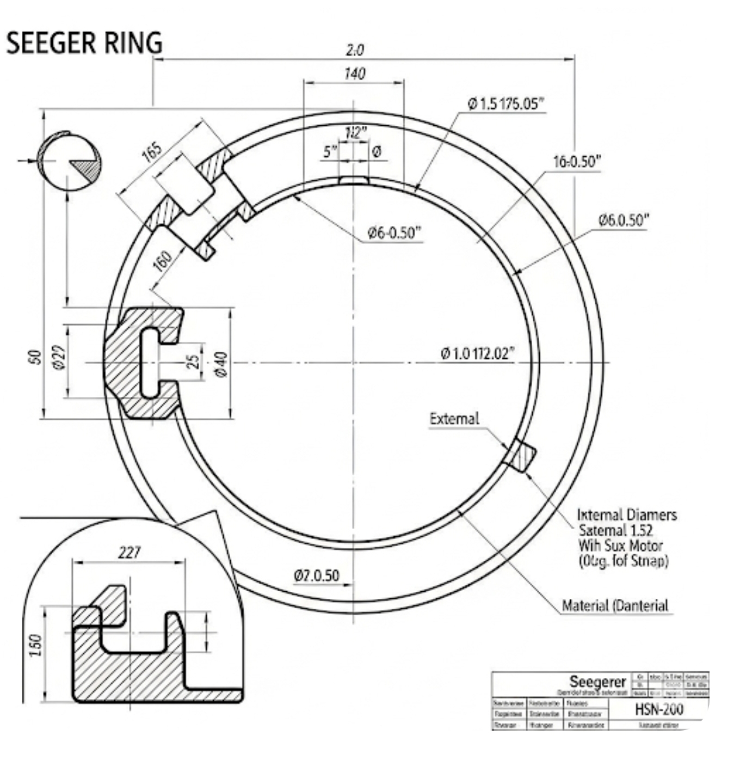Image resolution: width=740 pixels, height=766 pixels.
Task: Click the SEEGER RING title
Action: pyautogui.click(x=84, y=43)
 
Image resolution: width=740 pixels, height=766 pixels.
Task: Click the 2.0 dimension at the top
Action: pyautogui.click(x=354, y=50)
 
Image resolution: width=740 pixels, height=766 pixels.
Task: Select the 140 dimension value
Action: pyautogui.click(x=354, y=73)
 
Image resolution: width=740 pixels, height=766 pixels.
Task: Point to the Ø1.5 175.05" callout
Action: pyautogui.click(x=506, y=103)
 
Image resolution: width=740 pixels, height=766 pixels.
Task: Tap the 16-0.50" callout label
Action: pyautogui.click(x=577, y=162)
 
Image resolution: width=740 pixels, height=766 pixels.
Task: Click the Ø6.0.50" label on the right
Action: pyautogui.click(x=624, y=220)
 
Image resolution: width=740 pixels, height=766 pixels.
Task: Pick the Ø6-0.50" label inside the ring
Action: pyautogui.click(x=394, y=233)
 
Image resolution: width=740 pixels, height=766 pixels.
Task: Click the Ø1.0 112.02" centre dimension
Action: pyautogui.click(x=477, y=354)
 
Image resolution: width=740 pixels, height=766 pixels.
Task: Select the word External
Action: pyautogui.click(x=454, y=419)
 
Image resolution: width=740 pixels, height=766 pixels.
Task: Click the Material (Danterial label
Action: pyautogui.click(x=615, y=605)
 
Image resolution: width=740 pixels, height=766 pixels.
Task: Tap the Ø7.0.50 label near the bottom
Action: pyautogui.click(x=316, y=575)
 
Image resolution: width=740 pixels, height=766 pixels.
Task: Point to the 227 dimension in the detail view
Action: pyautogui.click(x=129, y=553)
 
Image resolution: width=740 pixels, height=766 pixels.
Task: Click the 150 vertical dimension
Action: pyautogui.click(x=35, y=645)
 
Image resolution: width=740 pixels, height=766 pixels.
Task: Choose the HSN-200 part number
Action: pyautogui.click(x=658, y=709)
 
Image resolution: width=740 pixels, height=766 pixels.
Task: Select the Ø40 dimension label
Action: pyautogui.click(x=221, y=364)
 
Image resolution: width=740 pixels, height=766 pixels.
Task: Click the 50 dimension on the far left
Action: pyautogui.click(x=35, y=357)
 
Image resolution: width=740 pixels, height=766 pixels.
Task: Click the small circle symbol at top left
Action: pyautogui.click(x=69, y=161)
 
